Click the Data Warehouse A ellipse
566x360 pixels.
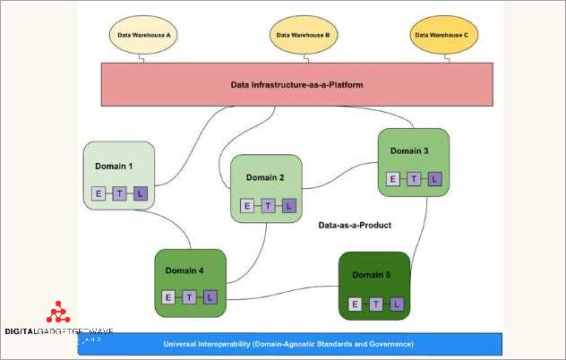pyautogui.click(x=144, y=36)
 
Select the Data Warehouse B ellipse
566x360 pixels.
pyautogui.click(x=304, y=36)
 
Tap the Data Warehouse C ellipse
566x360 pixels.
pyautogui.click(x=441, y=36)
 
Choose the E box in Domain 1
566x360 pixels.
pyautogui.click(x=99, y=193)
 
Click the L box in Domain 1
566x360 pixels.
pyautogui.click(x=139, y=193)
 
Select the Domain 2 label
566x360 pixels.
pyautogui.click(x=265, y=177)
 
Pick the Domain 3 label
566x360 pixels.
pyautogui.click(x=409, y=151)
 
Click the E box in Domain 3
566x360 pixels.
pyautogui.click(x=392, y=179)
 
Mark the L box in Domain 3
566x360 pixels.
pyautogui.click(x=433, y=179)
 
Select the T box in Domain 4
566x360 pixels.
pyautogui.click(x=189, y=297)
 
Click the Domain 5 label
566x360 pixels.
pyautogui.click(x=371, y=274)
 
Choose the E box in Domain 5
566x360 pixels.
pyautogui.click(x=356, y=304)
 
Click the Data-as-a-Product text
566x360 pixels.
pyautogui.click(x=355, y=226)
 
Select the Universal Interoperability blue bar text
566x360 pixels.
pyautogui.click(x=287, y=344)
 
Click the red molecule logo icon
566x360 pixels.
pyautogui.click(x=59, y=313)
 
